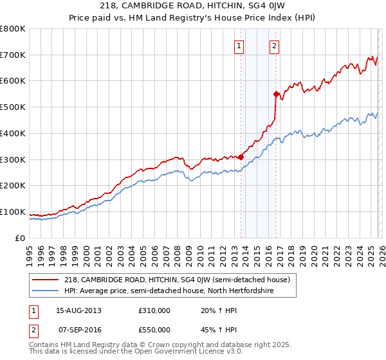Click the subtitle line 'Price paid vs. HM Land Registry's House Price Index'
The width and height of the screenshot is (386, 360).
point(193,18)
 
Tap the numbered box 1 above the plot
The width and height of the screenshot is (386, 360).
point(239,46)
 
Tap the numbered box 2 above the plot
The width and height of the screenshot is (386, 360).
point(275,46)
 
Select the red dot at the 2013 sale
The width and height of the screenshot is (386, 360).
point(241,156)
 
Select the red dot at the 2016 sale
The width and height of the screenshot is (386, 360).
point(276,94)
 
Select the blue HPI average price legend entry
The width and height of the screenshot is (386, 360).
point(169,291)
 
